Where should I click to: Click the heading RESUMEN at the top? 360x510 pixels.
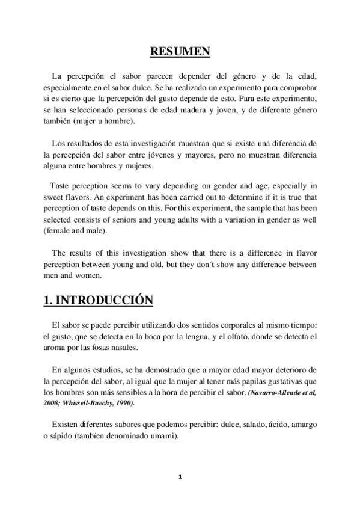click(x=180, y=52)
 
